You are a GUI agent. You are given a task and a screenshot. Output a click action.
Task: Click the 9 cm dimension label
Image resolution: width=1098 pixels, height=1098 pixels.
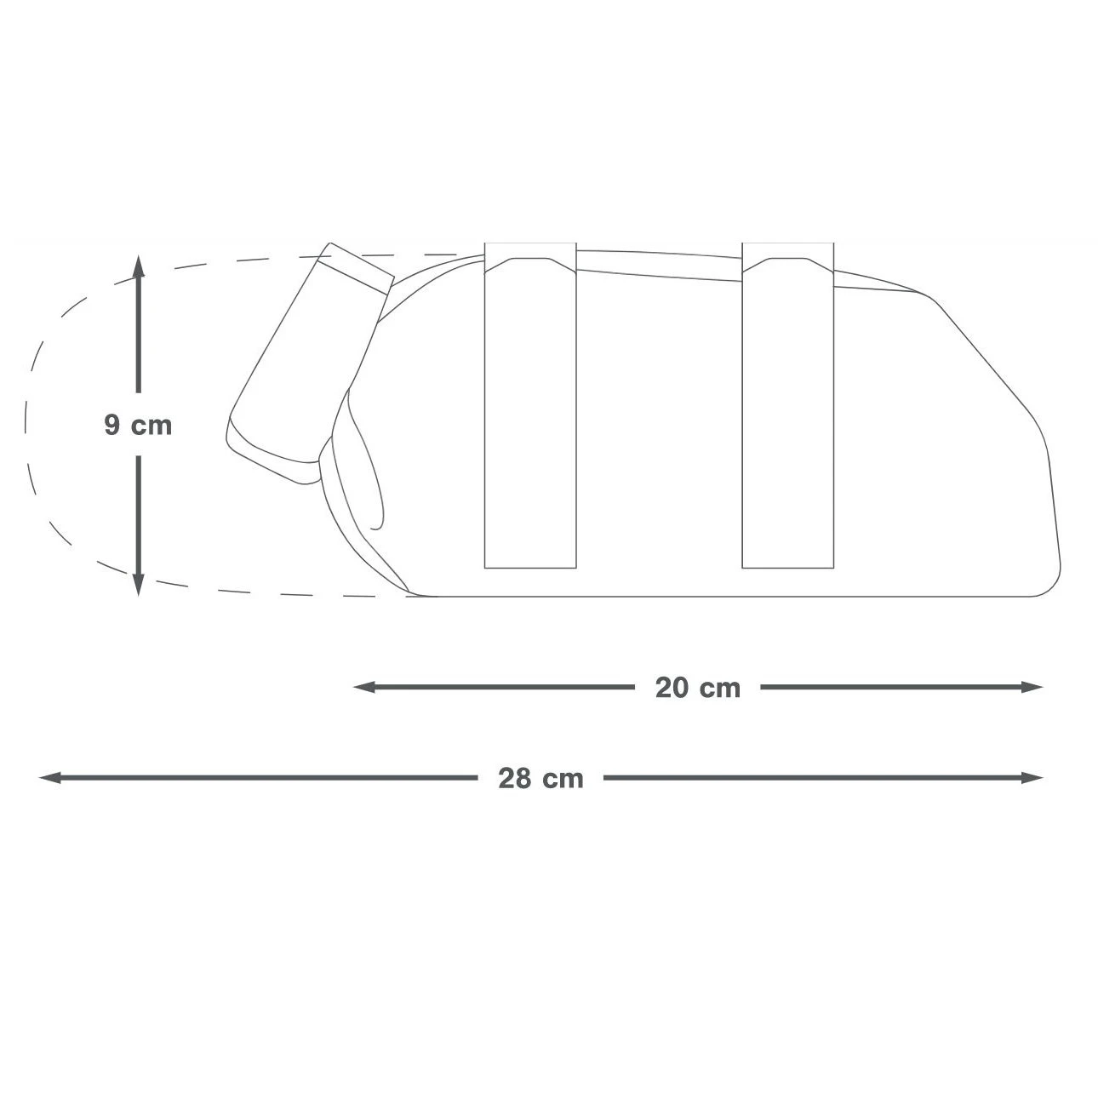(x=138, y=425)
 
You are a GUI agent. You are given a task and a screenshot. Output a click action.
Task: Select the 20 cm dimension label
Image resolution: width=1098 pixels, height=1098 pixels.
(x=697, y=688)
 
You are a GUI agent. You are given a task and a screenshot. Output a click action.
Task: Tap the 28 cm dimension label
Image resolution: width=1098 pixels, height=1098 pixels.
(x=540, y=778)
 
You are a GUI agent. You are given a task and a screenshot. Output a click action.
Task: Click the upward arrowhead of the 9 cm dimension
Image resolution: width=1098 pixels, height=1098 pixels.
(x=139, y=266)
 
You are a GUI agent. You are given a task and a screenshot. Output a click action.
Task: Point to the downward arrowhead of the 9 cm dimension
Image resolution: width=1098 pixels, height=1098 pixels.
(x=139, y=585)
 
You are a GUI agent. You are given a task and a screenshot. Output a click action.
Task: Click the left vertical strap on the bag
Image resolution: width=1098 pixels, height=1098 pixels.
(x=530, y=406)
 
